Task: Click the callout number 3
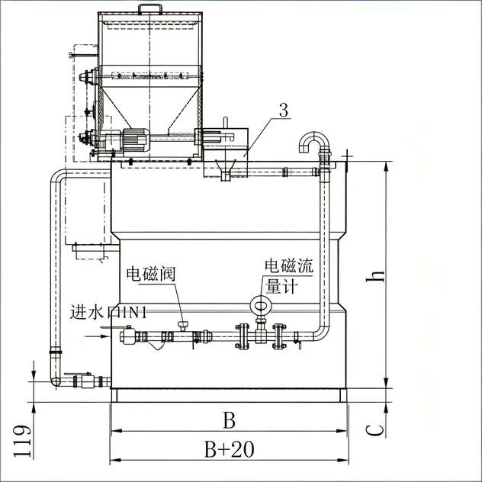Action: point(284,111)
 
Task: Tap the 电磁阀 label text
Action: point(151,274)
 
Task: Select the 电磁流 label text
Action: point(289,265)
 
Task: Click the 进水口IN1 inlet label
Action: point(108,313)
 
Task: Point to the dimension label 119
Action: point(23,442)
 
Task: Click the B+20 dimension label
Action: point(230,449)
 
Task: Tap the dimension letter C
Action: point(375,430)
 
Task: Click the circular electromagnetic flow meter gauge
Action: point(261,306)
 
